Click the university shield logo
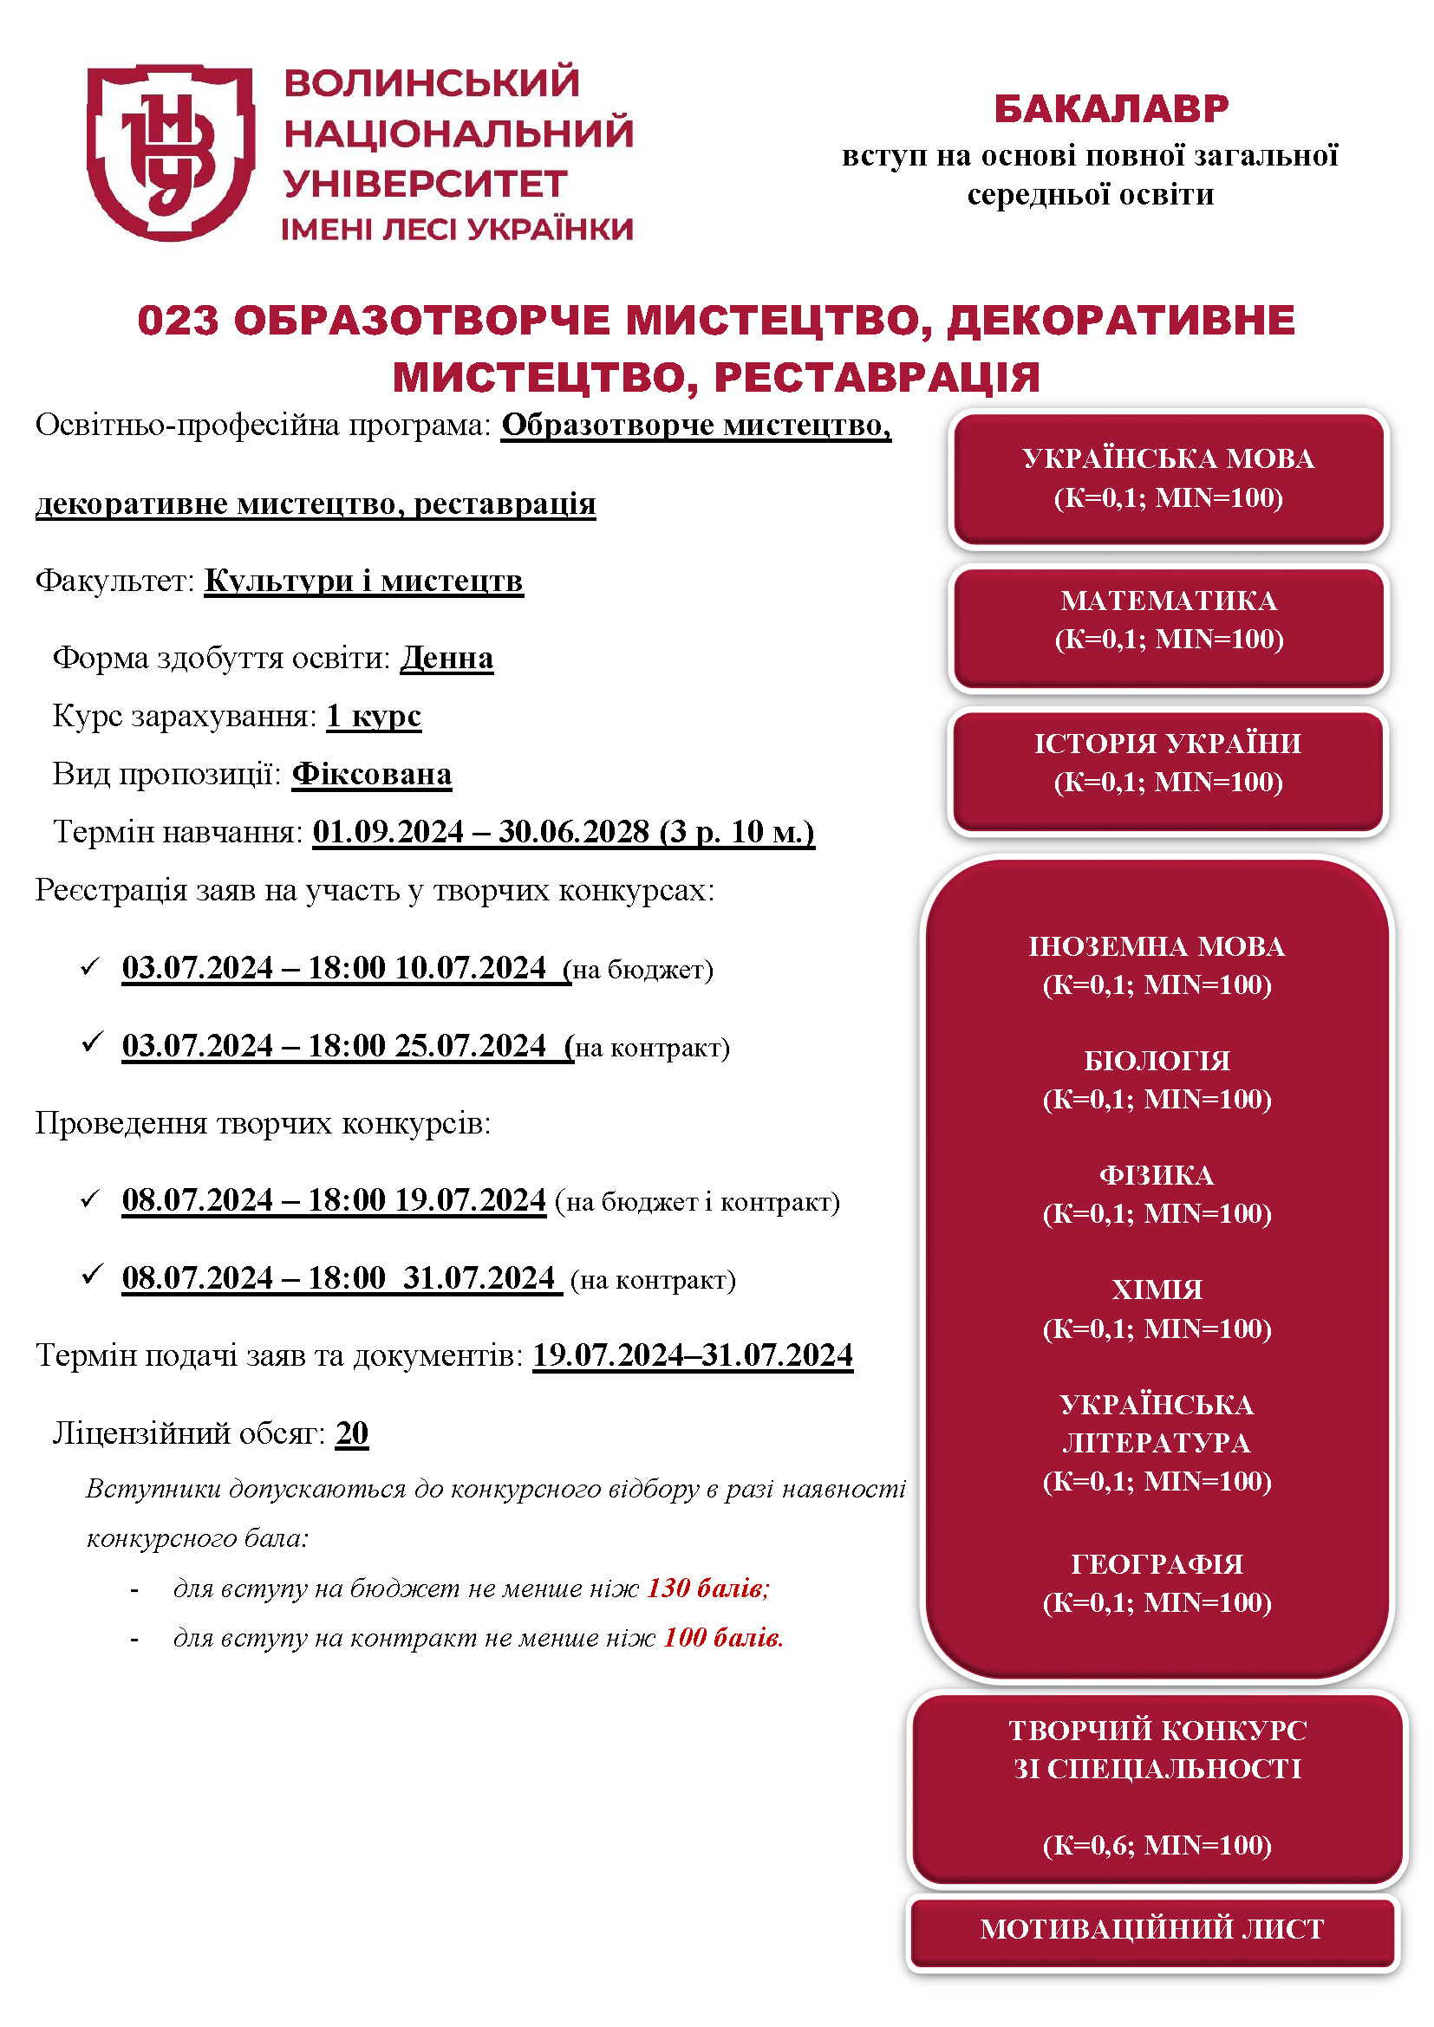point(171,152)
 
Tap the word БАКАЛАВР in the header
point(1111,109)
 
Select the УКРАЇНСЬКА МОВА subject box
point(1168,478)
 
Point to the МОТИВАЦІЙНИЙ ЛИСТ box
point(1152,1929)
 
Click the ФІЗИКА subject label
point(1157,1176)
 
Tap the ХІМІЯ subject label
point(1157,1290)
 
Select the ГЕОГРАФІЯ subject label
point(1157,1564)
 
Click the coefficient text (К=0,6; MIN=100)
point(1157,1845)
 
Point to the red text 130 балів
point(708,1588)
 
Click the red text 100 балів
point(723,1638)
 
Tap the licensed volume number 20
point(351,1433)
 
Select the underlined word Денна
point(446,659)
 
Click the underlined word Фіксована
point(372,774)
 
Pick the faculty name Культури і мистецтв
point(364,581)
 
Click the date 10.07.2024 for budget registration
point(470,969)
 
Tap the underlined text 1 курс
point(374,716)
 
